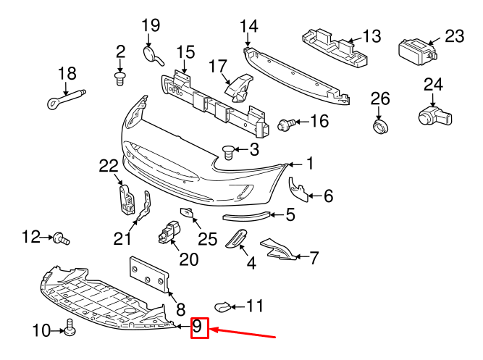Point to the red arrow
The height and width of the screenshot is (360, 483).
tap(243, 334)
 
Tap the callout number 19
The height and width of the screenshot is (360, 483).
tap(150, 26)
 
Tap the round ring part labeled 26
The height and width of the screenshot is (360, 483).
tap(380, 127)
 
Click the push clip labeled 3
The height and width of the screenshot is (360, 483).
tap(229, 152)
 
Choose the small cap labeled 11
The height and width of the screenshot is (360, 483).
tap(225, 307)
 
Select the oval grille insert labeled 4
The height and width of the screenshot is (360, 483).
tap(236, 239)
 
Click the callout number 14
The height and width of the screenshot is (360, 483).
tap(248, 26)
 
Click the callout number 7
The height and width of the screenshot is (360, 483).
tap(314, 256)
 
